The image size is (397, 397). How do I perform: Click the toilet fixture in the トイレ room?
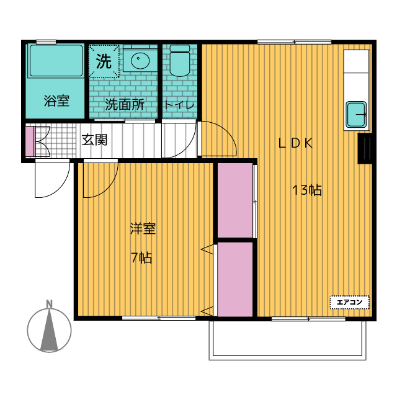[179, 61]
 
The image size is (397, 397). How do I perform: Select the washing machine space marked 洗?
[104, 61]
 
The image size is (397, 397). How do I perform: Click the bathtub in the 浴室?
[56, 61]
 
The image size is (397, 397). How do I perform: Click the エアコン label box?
[349, 302]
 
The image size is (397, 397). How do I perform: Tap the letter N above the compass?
[50, 304]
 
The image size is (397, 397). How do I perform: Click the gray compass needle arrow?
[49, 329]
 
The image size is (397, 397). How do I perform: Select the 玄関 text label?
[94, 140]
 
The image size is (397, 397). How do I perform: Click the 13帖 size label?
[307, 190]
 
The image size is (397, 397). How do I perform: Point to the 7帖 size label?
[141, 258]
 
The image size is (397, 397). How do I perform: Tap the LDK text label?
[295, 143]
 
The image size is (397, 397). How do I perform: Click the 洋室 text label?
[143, 228]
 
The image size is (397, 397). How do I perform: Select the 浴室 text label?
[56, 100]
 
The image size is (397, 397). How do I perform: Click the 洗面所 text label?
[125, 104]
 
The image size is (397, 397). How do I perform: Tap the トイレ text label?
[179, 105]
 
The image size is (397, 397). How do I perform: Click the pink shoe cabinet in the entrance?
[30, 141]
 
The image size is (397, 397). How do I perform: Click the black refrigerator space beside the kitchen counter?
[365, 148]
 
